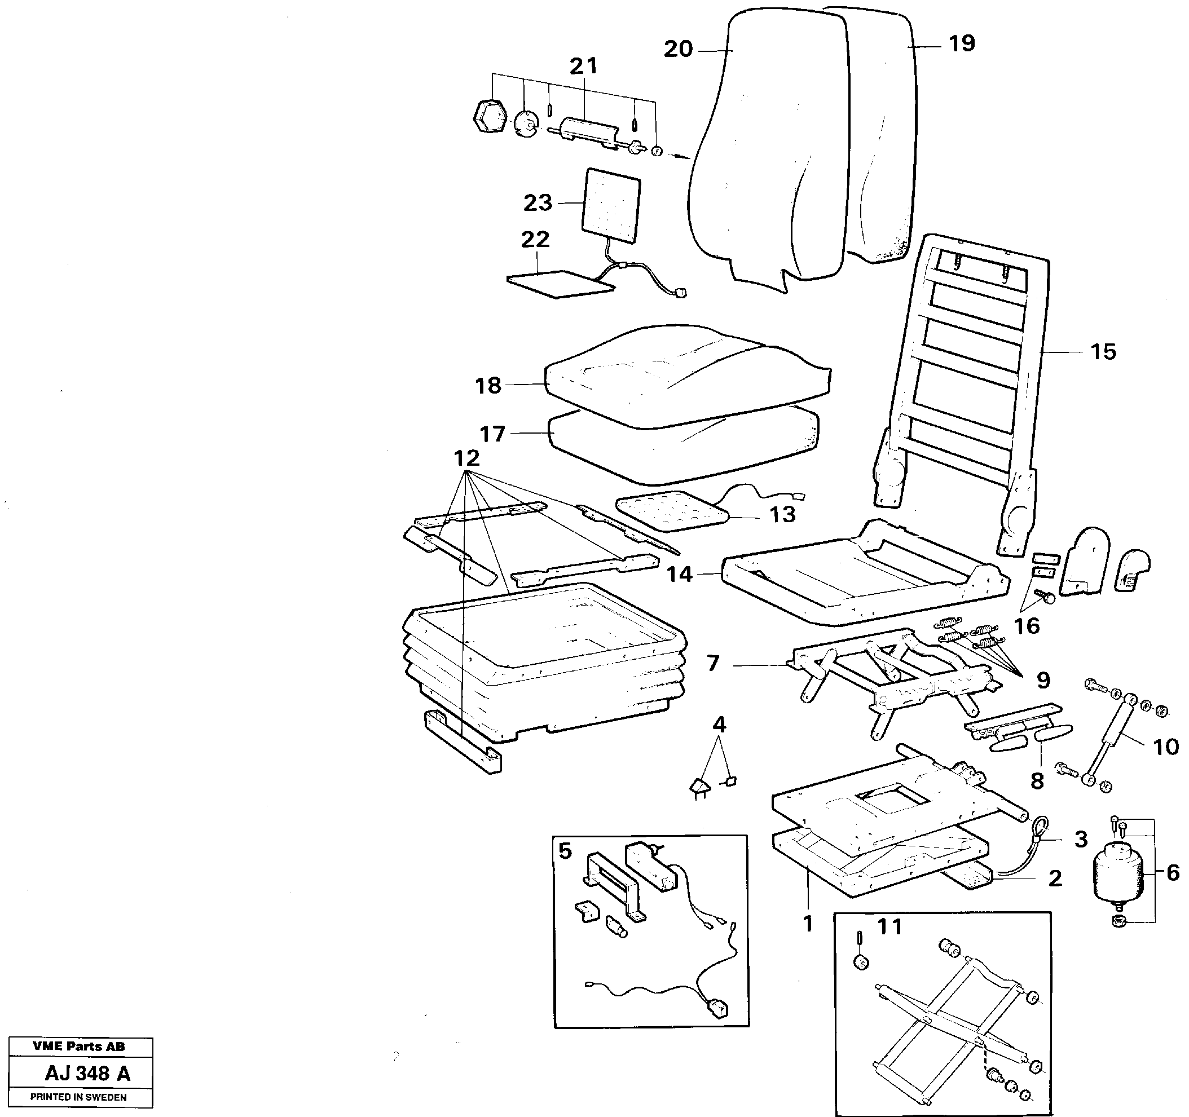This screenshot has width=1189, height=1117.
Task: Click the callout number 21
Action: click(x=583, y=67)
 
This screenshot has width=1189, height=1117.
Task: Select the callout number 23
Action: click(x=538, y=204)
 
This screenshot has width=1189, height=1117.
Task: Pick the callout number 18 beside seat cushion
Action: click(x=488, y=386)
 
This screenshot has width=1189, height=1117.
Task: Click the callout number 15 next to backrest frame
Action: click(x=1103, y=352)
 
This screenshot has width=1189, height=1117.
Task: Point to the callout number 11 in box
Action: click(x=889, y=927)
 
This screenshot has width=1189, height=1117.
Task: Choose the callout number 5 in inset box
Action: click(x=565, y=850)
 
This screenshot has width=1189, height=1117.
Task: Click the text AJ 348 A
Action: click(x=87, y=1074)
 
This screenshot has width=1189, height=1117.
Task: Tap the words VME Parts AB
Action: click(x=79, y=1047)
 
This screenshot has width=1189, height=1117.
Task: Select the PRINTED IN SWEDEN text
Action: click(x=78, y=1097)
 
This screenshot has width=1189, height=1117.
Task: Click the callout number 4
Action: click(x=719, y=725)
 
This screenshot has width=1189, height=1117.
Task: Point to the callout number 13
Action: click(x=782, y=514)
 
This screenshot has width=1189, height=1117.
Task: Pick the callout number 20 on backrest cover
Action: click(x=678, y=49)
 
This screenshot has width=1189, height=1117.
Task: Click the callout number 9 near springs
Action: click(x=1043, y=680)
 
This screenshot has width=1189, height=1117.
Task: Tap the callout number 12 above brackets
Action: click(x=466, y=458)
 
